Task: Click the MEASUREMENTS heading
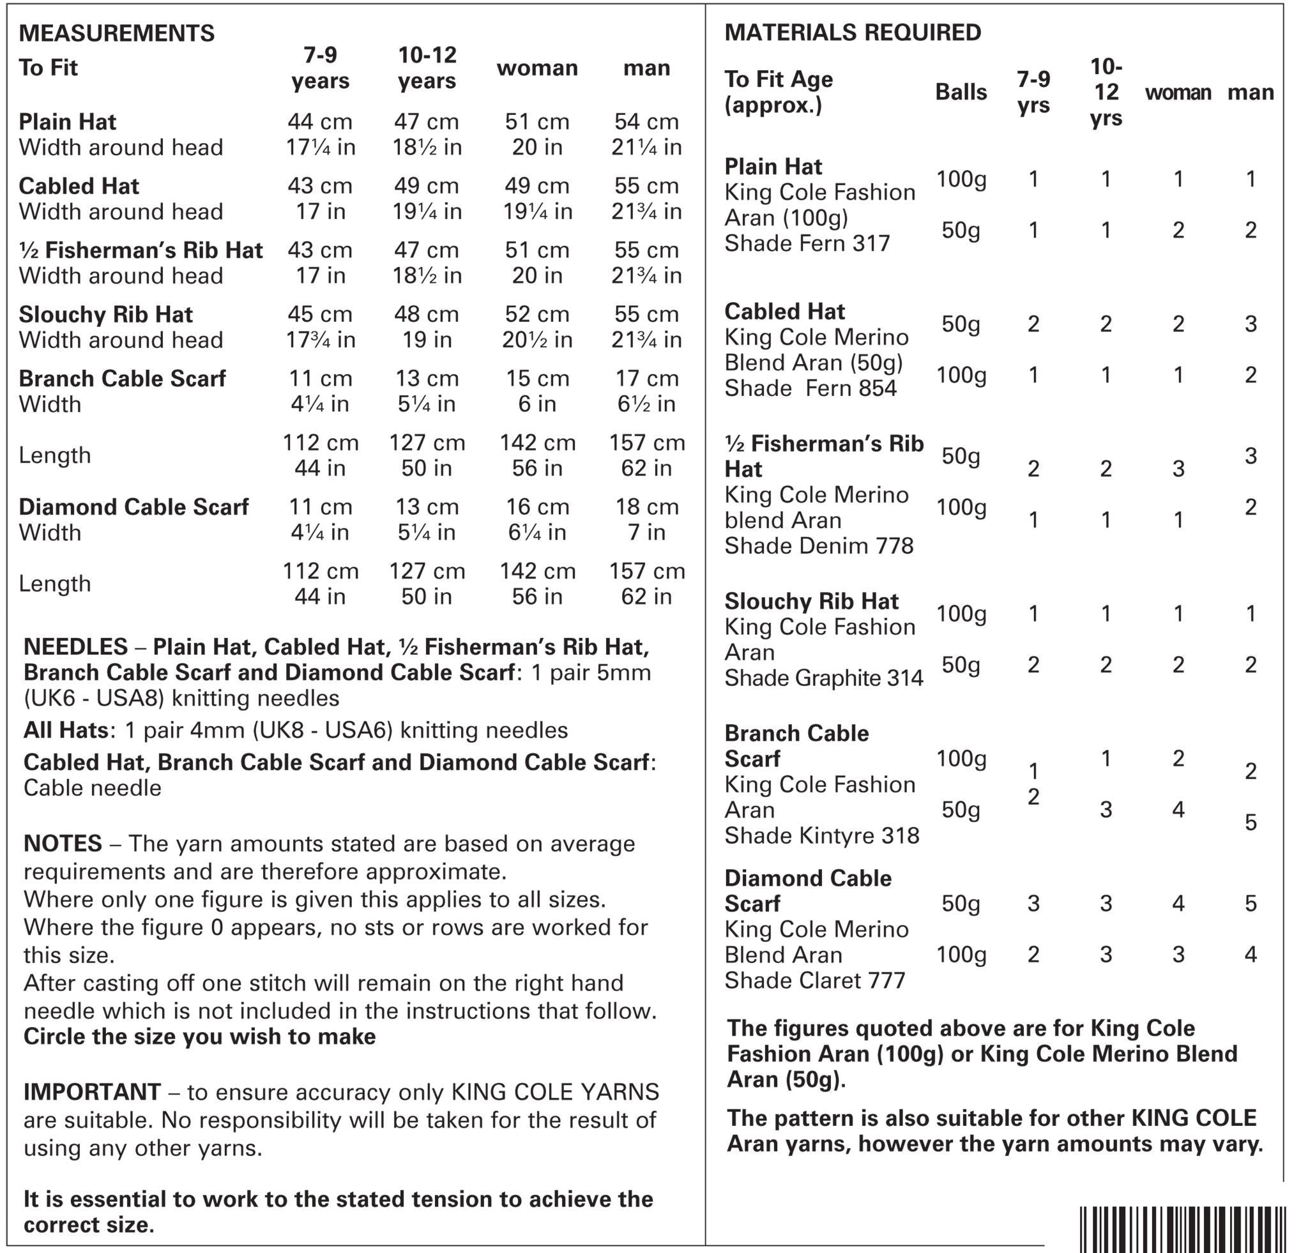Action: coord(116,33)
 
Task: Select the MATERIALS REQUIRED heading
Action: coord(852,33)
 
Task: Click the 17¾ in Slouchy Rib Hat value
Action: coord(320,340)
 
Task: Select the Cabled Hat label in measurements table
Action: coord(79,186)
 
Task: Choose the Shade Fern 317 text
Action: coord(807,243)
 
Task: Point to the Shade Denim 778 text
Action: coord(818,546)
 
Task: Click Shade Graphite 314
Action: coord(823,678)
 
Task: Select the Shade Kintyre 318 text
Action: coord(821,835)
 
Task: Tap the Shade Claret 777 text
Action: coord(814,981)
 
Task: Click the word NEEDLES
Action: coord(75,647)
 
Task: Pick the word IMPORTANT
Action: coord(91,1093)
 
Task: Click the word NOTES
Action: coord(63,844)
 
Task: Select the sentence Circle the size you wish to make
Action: coord(199,1037)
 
